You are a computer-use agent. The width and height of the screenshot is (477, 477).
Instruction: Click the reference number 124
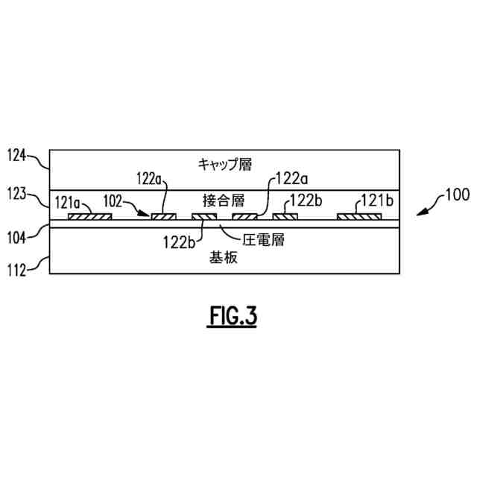click(16, 156)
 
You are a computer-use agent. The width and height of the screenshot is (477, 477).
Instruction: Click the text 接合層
click(223, 200)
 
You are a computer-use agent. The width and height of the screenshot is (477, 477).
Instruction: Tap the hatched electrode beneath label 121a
click(89, 218)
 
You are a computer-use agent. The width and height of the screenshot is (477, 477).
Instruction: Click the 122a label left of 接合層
click(152, 178)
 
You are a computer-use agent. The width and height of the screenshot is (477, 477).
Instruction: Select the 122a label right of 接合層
click(293, 178)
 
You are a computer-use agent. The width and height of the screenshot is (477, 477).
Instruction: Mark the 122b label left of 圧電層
click(180, 240)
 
